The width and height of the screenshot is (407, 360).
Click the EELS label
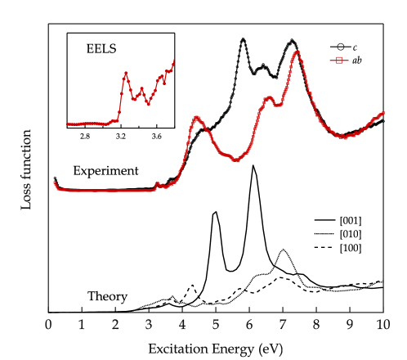click(101, 49)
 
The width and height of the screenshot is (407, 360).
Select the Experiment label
click(105, 171)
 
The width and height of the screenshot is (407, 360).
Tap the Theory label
click(107, 296)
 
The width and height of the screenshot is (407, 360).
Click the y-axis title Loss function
click(28, 169)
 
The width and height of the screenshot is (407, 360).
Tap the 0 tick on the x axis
click(48, 326)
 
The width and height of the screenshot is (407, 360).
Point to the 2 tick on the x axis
click(115, 326)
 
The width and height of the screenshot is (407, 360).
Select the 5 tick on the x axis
click(216, 326)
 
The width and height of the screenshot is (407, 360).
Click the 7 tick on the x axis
click(283, 326)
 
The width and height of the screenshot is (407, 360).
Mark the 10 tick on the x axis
click(382, 326)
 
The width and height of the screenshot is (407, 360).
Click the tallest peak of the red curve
click(297, 53)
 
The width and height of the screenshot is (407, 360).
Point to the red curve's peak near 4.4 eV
click(196, 118)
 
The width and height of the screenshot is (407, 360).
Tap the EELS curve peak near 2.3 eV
click(126, 73)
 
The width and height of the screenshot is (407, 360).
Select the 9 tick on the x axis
click(350, 326)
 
